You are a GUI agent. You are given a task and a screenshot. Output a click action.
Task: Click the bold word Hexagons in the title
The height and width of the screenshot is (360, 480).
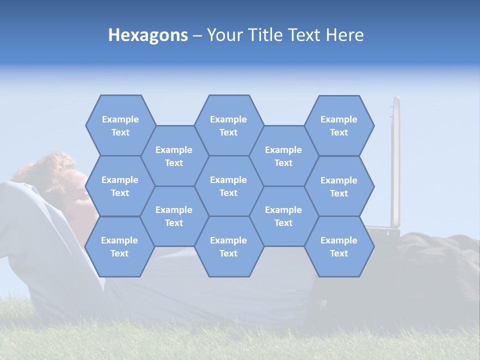[x=148, y=35]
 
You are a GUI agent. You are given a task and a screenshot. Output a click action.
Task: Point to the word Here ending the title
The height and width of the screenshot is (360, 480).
[x=345, y=35]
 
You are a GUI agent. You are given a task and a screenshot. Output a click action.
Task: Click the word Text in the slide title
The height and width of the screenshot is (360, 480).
[x=305, y=35]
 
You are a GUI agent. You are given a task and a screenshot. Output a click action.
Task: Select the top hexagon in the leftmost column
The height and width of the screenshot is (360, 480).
[x=120, y=125]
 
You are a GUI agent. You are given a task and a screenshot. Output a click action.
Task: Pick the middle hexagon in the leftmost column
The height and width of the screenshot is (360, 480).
[x=120, y=186]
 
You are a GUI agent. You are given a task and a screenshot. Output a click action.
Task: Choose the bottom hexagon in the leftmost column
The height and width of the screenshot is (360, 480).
[x=119, y=246]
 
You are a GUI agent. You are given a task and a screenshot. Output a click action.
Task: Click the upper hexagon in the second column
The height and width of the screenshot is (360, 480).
[x=174, y=156]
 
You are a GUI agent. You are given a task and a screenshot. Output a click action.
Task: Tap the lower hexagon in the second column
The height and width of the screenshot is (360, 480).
[x=174, y=216]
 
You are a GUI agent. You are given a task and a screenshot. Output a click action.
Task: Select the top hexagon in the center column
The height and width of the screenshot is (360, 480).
[x=228, y=125]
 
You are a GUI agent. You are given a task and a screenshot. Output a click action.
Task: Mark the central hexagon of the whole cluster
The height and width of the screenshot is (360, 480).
[x=228, y=186]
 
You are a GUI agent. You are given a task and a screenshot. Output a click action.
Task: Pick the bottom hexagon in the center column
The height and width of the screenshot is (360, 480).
[x=228, y=246]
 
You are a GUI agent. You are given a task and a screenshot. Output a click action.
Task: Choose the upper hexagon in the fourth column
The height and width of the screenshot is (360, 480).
[x=283, y=156]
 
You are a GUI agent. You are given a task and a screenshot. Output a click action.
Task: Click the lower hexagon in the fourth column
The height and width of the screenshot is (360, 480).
[x=283, y=216]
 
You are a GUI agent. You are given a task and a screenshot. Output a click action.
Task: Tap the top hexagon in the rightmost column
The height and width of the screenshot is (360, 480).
[x=339, y=125]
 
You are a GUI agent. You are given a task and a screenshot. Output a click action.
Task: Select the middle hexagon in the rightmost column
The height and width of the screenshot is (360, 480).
[x=339, y=186]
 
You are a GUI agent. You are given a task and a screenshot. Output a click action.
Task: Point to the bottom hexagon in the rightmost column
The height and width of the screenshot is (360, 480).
[x=339, y=246]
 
